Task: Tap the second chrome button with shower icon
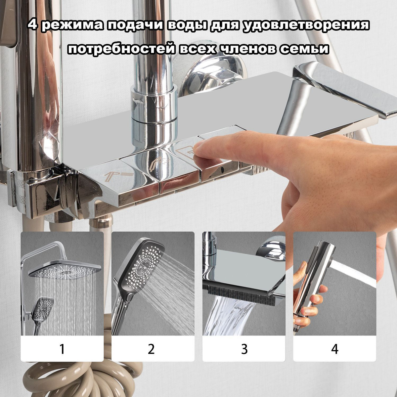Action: [160, 163]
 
